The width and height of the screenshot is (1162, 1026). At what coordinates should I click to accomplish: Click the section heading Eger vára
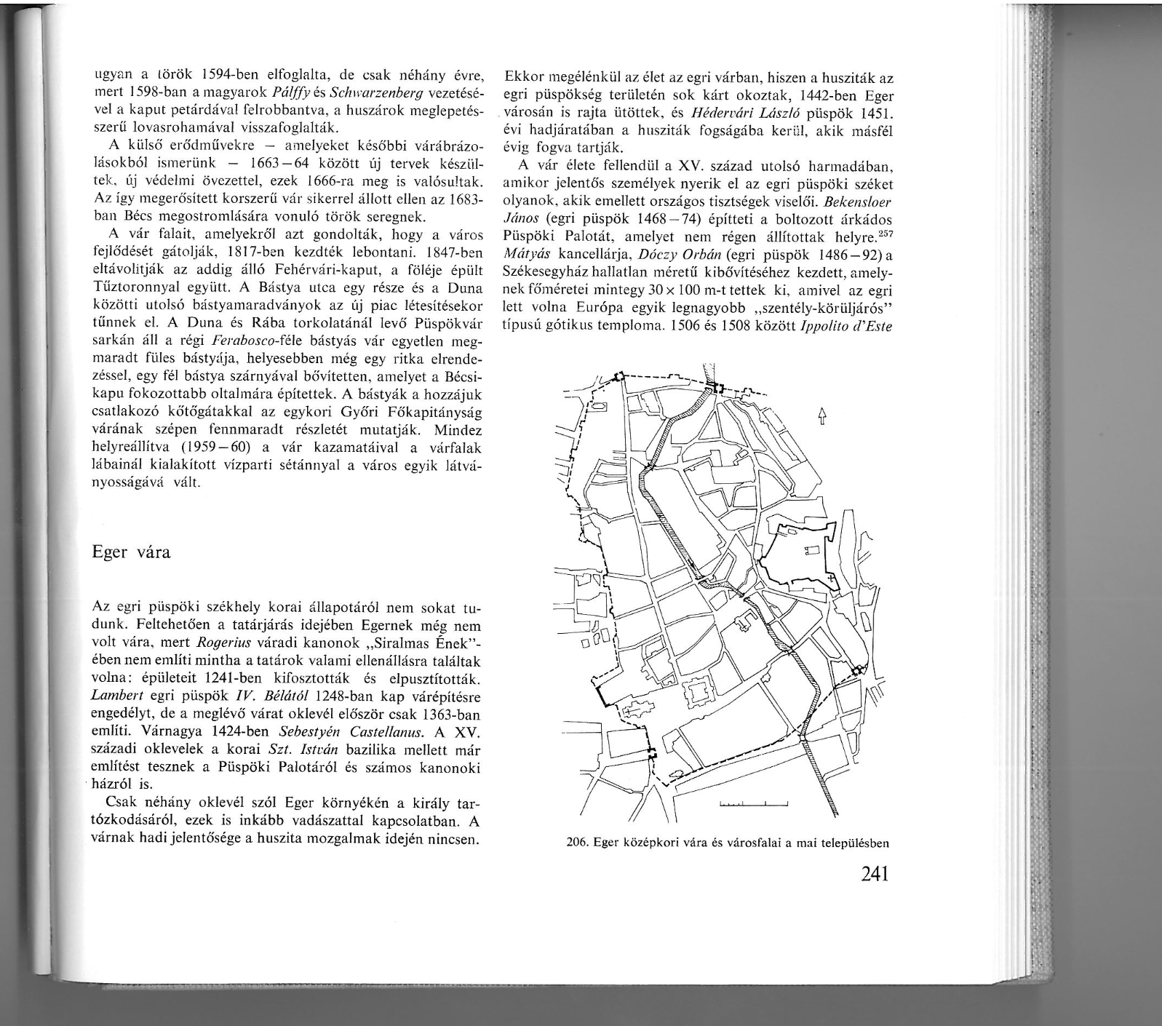click(132, 552)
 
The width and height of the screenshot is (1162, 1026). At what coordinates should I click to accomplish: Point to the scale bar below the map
click(753, 804)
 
